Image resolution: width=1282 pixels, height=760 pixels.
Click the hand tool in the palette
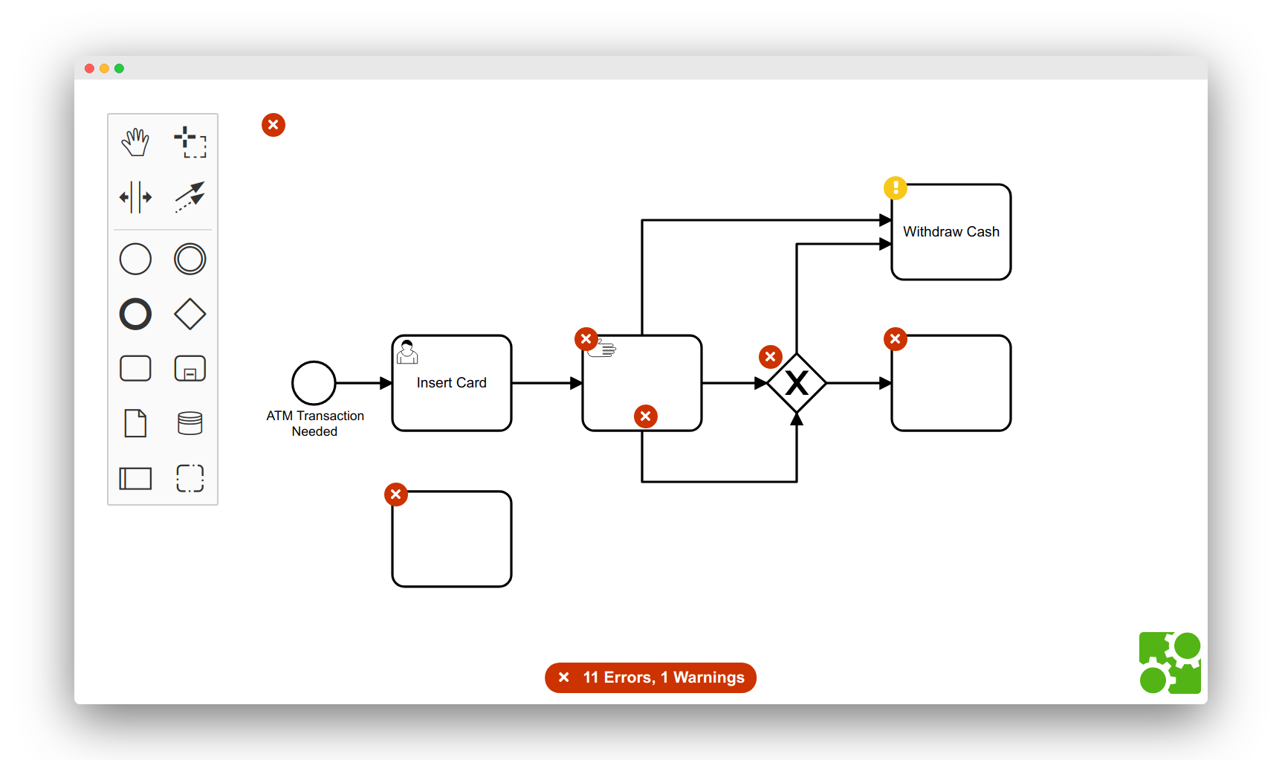[135, 141]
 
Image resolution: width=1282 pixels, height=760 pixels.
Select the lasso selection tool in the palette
[190, 141]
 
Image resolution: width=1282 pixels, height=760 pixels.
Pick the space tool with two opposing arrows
[135, 197]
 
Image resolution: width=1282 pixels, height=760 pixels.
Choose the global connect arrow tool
[190, 197]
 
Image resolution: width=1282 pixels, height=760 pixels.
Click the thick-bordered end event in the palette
[135, 314]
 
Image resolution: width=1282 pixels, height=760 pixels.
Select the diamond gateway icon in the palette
[190, 314]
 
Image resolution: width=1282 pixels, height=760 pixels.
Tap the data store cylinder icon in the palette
[190, 423]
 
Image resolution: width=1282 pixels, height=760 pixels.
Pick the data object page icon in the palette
[135, 423]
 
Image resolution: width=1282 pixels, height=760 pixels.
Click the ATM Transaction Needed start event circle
[314, 383]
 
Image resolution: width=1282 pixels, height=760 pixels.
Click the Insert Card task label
[451, 383]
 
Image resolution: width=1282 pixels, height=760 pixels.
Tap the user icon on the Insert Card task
[407, 352]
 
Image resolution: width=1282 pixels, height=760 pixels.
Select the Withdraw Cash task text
[951, 232]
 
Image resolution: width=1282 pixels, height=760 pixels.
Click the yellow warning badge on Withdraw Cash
[896, 188]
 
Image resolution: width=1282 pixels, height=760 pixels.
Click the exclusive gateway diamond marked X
[797, 383]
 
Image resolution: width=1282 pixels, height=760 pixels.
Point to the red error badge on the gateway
[771, 357]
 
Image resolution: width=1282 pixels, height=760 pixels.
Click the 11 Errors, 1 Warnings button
[650, 677]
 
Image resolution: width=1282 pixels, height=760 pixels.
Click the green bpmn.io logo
[1170, 663]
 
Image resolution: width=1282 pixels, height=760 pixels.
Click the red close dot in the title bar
[89, 68]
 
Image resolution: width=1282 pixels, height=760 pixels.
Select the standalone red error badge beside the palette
[273, 125]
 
